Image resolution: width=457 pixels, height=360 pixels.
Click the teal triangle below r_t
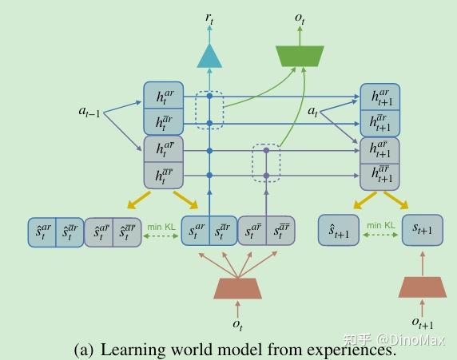click(209, 56)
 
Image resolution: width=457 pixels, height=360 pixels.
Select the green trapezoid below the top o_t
click(300, 55)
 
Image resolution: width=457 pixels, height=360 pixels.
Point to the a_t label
click(314, 111)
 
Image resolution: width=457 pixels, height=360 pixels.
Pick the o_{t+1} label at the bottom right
click(423, 321)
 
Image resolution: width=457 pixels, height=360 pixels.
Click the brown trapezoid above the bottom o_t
click(237, 289)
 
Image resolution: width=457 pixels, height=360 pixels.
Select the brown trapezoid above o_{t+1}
click(423, 287)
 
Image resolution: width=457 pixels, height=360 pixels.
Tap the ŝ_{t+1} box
click(339, 231)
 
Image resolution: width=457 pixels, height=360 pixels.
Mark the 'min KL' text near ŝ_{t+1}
click(380, 226)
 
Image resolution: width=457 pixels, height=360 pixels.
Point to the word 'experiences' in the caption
click(349, 350)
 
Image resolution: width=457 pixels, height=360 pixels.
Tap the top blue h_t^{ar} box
click(164, 97)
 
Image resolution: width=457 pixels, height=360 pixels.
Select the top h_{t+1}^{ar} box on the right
click(380, 97)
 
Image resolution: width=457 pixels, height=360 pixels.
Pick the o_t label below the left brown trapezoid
click(237, 323)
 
